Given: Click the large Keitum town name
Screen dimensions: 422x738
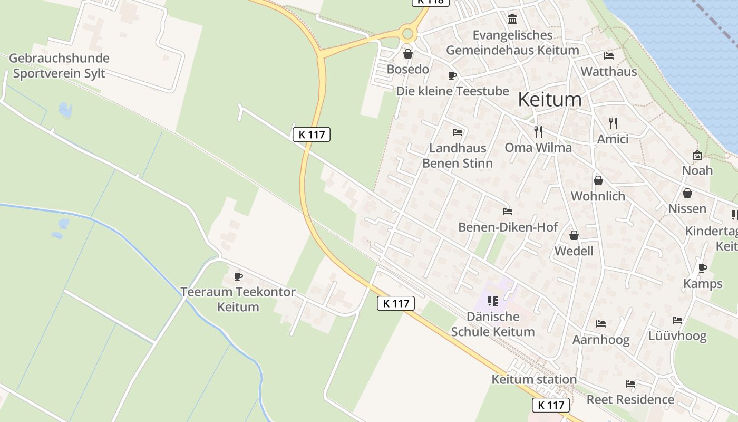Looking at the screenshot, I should (x=550, y=99).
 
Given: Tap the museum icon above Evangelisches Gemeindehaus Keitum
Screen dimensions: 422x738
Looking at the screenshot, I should (x=512, y=20).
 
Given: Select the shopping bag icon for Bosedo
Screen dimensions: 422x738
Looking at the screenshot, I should (x=407, y=54).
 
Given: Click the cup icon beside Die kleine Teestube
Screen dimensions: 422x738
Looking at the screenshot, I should (x=452, y=75).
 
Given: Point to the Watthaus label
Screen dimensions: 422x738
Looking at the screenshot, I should (x=609, y=71).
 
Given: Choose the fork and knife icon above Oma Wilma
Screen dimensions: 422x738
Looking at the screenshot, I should (x=538, y=132).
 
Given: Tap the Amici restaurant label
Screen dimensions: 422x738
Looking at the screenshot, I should (x=613, y=139).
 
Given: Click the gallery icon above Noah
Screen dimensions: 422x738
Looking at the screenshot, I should (x=697, y=155).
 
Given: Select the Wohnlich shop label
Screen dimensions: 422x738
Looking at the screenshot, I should (x=598, y=196).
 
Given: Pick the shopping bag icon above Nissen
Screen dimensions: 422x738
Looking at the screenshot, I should (x=687, y=193).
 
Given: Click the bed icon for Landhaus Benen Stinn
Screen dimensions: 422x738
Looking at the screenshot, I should (x=457, y=132).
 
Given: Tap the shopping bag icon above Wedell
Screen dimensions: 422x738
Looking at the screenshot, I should (x=574, y=235).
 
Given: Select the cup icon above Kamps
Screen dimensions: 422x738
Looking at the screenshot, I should (x=702, y=268).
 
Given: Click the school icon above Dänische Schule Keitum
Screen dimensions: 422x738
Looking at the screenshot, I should (x=493, y=301).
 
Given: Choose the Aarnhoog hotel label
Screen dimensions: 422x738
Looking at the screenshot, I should (x=601, y=340).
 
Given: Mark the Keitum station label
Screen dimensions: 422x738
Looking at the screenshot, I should (x=534, y=379).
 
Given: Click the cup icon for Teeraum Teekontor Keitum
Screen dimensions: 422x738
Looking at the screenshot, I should (x=238, y=276).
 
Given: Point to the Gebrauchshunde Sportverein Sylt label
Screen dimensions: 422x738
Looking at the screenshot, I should (x=59, y=66).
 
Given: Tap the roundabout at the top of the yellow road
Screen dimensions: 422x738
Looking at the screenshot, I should (x=407, y=34).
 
